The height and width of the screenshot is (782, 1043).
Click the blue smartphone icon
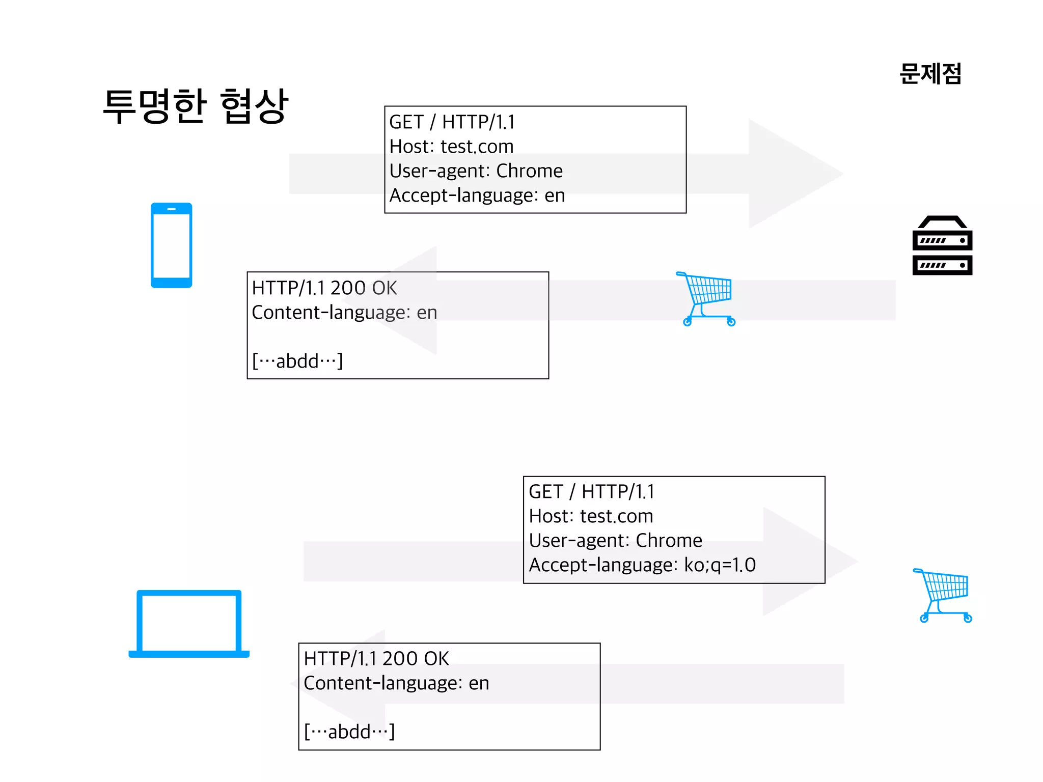pos(171,245)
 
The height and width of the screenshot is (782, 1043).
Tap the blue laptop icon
pos(189,624)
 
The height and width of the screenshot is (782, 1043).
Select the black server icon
pos(942,246)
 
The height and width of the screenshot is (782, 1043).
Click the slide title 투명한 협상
pos(196,106)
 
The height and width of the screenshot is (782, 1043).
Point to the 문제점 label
pos(930,74)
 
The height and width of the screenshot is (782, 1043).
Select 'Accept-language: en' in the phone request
pos(477,195)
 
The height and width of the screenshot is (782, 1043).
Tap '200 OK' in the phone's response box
pos(363,288)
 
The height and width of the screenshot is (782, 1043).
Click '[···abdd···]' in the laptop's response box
pos(349,732)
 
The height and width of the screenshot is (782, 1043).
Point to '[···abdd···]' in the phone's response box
pos(297,361)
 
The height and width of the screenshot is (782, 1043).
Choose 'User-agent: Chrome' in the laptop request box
pos(615,541)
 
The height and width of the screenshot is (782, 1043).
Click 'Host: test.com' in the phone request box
pos(451,147)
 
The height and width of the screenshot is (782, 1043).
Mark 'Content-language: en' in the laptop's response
pos(396,683)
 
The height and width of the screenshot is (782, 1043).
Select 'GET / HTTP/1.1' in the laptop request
pos(591,492)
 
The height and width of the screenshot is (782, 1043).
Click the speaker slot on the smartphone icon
pos(171,209)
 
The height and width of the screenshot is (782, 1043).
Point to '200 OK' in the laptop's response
pos(416,659)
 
